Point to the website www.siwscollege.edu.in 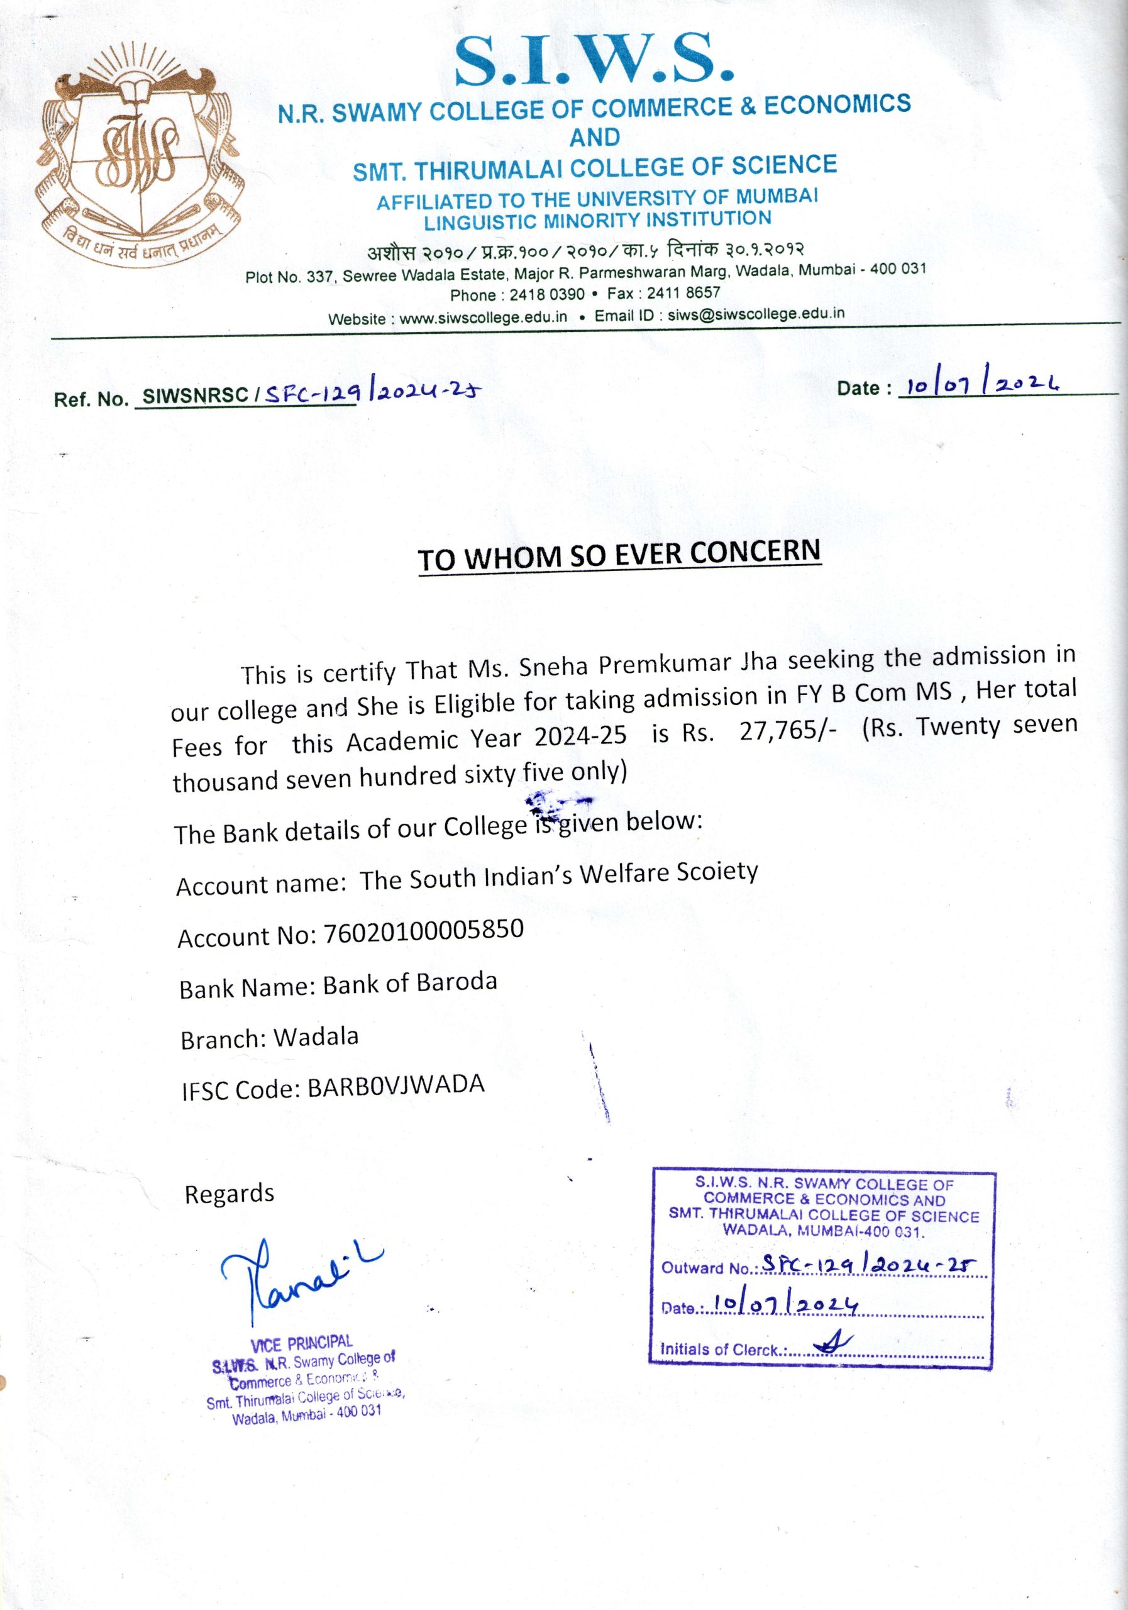tap(483, 317)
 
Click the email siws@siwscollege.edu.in tap(756, 314)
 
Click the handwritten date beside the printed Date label tap(981, 385)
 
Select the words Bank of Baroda tap(409, 984)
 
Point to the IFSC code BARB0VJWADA tap(396, 1086)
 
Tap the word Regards tap(229, 1194)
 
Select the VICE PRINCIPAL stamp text tap(301, 1343)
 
